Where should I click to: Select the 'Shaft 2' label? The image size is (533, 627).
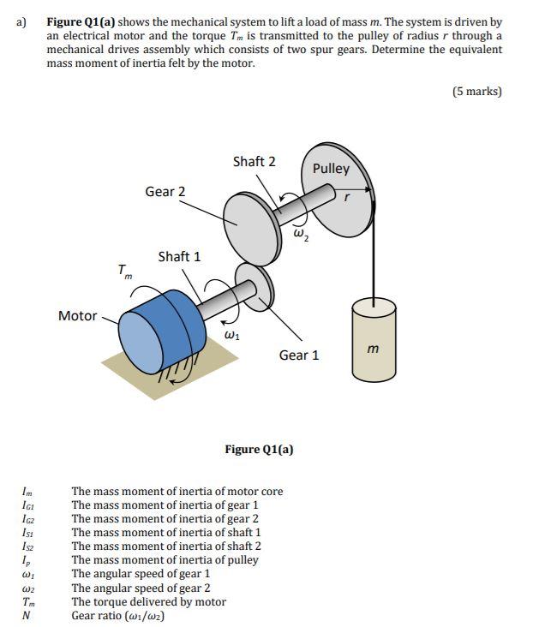[254, 161]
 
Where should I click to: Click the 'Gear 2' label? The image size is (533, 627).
[165, 191]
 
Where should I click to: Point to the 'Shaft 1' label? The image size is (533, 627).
[179, 256]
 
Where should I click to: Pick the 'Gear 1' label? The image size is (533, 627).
[298, 355]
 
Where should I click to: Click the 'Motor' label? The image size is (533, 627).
[77, 316]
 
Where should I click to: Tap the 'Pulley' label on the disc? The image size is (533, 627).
[331, 169]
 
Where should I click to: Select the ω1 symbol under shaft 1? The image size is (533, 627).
[231, 335]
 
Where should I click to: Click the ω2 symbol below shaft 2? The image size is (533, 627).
[300, 233]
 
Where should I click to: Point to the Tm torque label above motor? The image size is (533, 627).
[126, 272]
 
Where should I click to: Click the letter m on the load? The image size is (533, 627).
[372, 348]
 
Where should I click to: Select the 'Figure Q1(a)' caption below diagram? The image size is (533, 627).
[259, 449]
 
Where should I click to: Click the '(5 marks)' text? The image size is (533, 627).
[476, 92]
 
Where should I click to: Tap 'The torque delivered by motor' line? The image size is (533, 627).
[148, 601]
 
